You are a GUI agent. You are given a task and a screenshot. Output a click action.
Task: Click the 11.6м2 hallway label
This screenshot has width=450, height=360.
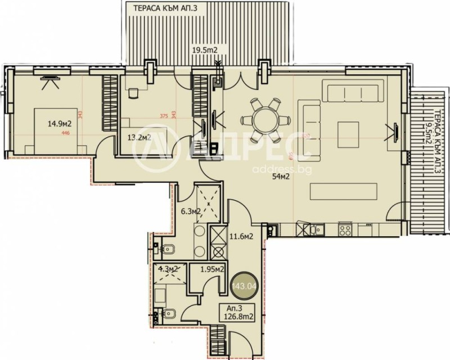click(241, 236)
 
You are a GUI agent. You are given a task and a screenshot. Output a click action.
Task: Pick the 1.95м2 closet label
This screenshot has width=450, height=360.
click(214, 269)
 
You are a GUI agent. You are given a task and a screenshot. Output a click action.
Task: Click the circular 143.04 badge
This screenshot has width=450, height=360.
click(242, 287)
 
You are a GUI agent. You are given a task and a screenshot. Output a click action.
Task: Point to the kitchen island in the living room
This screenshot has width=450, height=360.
click(344, 191)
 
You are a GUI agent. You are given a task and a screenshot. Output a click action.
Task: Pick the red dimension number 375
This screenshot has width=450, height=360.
click(164, 117)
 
